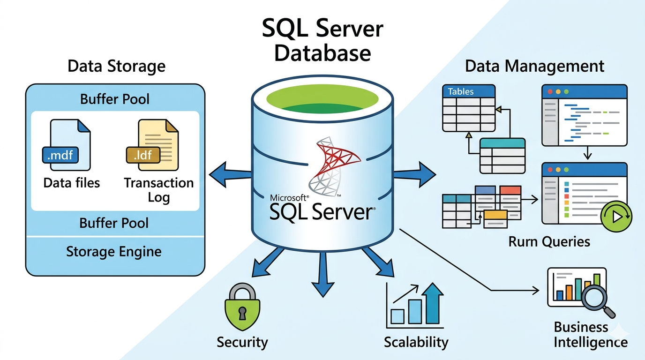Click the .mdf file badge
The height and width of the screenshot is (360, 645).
click(x=60, y=154)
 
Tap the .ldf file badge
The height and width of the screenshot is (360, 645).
click(x=143, y=154)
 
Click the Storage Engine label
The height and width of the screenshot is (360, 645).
click(x=114, y=252)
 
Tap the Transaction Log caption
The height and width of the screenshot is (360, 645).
click(x=158, y=189)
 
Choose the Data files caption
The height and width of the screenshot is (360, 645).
click(x=72, y=182)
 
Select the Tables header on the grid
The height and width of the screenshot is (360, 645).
click(x=461, y=91)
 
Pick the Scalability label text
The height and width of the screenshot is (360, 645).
click(x=416, y=342)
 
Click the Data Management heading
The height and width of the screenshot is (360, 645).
click(x=534, y=66)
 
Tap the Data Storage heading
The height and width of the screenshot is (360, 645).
click(x=116, y=66)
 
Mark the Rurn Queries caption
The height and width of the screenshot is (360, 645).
click(x=549, y=242)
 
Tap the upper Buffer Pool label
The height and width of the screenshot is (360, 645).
click(x=115, y=99)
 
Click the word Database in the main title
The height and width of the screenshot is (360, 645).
click(x=322, y=52)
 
